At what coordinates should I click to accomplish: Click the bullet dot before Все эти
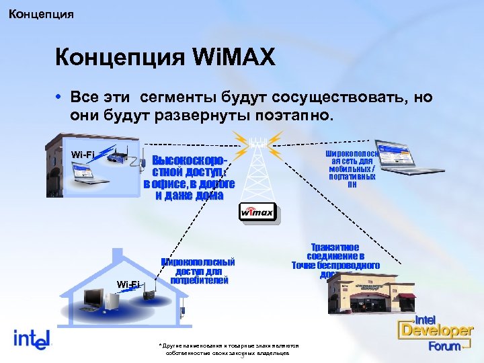tap(60, 97)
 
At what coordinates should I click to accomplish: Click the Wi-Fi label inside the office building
tap(83, 155)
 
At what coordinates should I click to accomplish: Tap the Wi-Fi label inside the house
tap(128, 284)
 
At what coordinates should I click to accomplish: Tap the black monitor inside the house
tap(95, 297)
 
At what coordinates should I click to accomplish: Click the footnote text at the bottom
tap(228, 349)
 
